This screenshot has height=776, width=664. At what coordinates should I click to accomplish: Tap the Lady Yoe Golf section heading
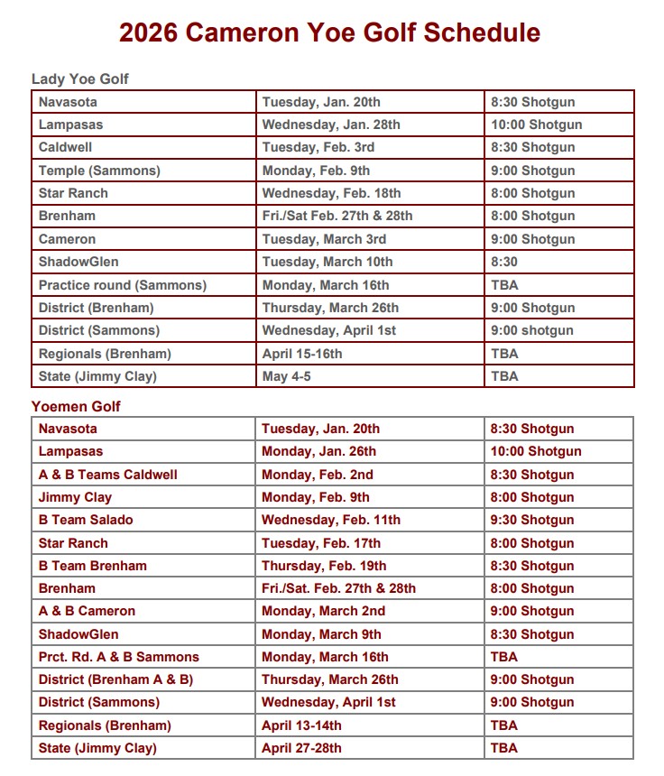point(80,79)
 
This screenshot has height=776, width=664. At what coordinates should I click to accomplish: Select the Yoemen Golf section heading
point(76,406)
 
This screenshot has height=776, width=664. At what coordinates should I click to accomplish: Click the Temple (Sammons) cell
point(99,171)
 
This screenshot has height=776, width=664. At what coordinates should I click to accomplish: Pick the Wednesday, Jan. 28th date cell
point(331,125)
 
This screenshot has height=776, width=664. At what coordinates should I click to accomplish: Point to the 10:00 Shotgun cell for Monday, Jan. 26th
point(536,451)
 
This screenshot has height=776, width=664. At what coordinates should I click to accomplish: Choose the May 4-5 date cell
point(287,376)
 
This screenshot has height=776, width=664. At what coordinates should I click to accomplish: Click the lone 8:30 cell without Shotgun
point(504,262)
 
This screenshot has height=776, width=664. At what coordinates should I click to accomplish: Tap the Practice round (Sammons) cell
point(123,285)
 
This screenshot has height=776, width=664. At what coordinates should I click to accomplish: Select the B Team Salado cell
point(86,520)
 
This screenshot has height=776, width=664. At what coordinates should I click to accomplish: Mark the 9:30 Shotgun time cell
point(532,520)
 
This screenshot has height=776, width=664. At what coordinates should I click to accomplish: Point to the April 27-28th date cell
point(301,748)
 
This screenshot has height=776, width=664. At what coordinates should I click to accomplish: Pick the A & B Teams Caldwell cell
point(108,475)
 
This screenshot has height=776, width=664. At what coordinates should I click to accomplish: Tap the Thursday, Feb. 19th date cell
point(324,566)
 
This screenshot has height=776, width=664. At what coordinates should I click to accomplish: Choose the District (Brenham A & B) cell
point(115,679)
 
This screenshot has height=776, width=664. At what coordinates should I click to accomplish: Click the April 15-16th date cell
point(302,354)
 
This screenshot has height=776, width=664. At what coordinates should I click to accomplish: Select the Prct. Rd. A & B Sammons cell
point(119,657)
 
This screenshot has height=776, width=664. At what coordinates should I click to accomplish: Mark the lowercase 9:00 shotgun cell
point(532,330)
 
